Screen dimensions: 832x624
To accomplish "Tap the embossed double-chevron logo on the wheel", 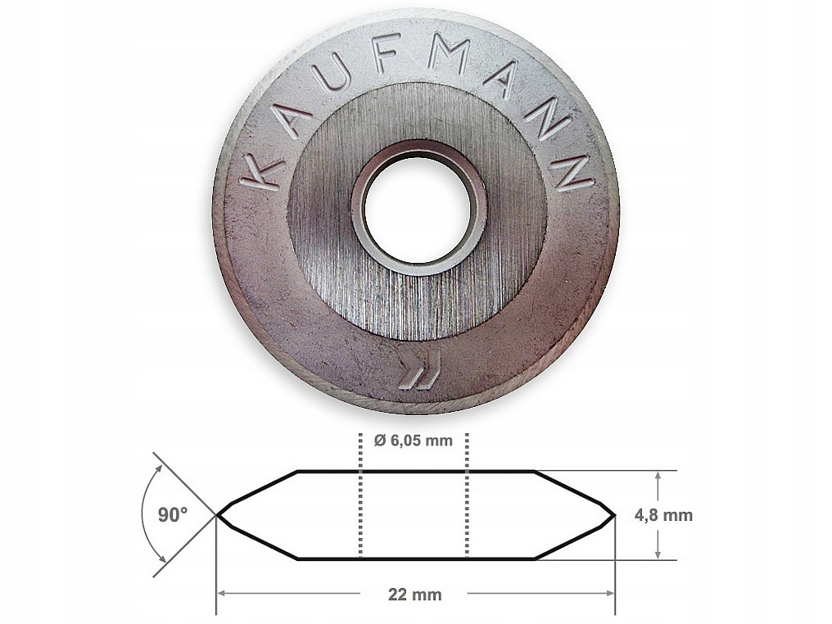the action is (x=419, y=369).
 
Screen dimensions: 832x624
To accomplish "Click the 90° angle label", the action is (x=173, y=515).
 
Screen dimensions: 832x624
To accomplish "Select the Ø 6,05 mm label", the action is (x=414, y=441).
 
